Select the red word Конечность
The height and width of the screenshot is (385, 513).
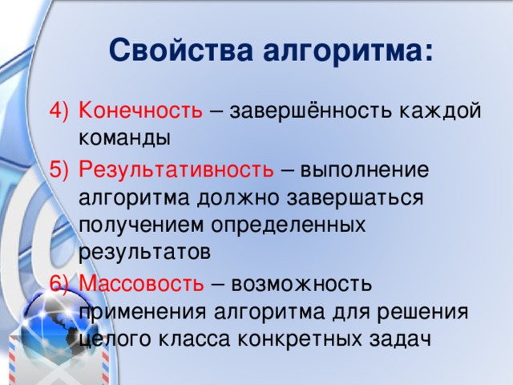point(141,111)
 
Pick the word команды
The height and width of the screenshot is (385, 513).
point(124,137)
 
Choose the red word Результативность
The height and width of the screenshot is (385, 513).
point(177,169)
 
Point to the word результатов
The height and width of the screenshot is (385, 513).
point(145,251)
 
